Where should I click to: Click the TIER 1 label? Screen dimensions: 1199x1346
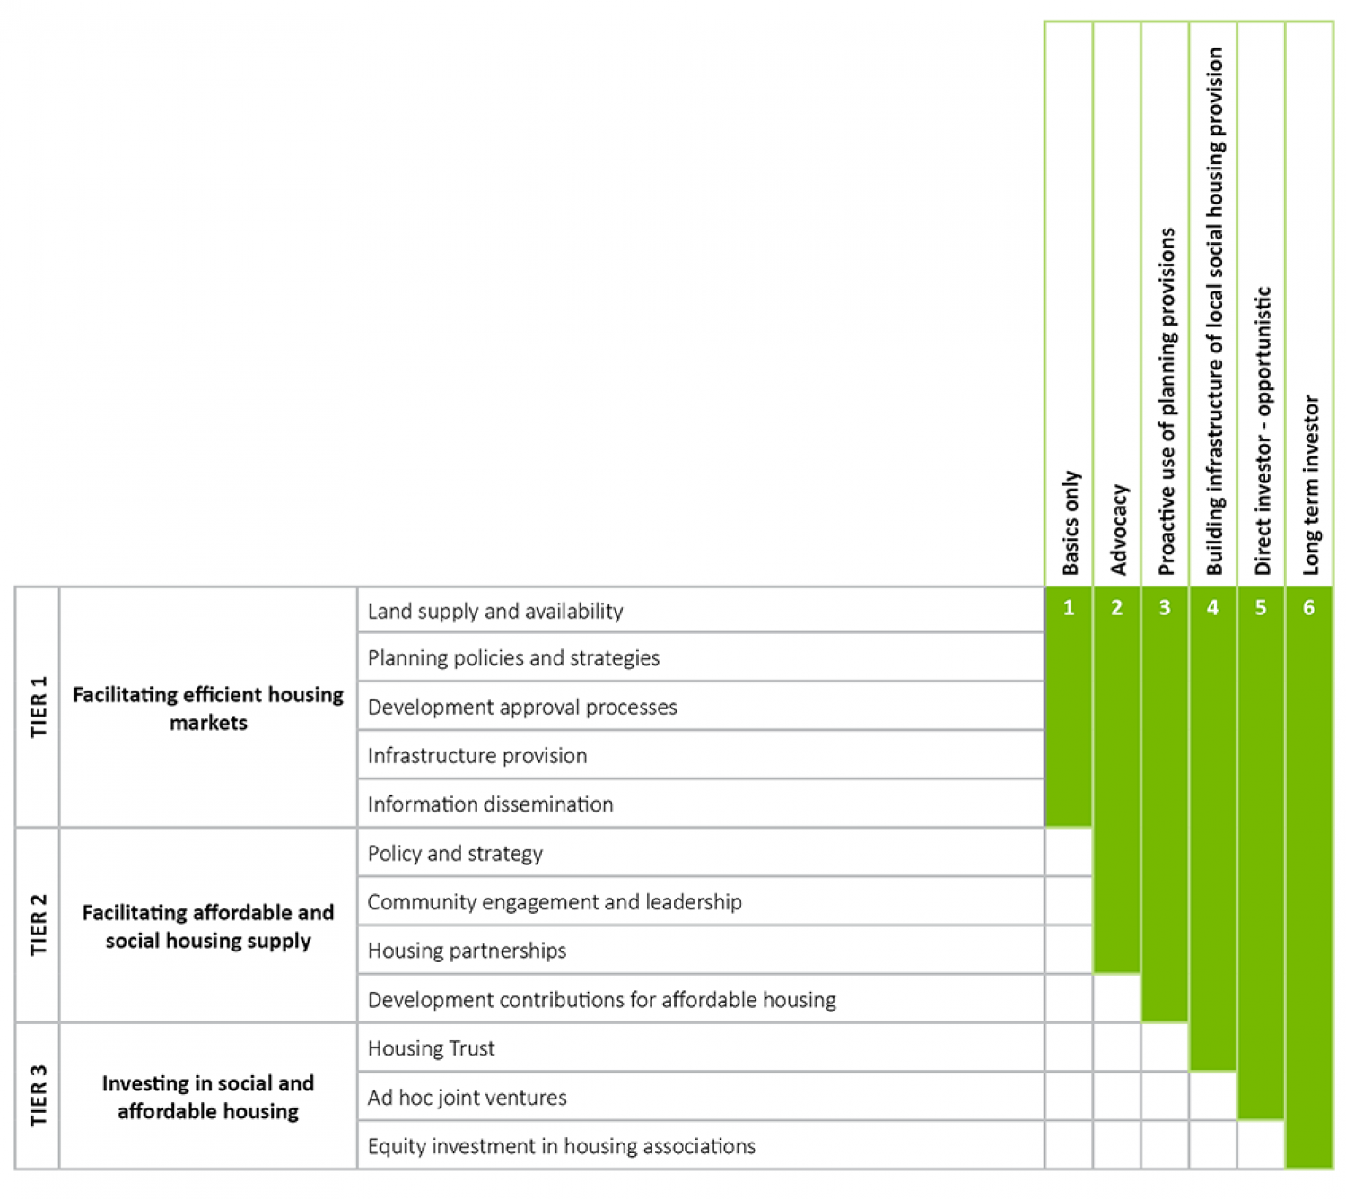tap(38, 707)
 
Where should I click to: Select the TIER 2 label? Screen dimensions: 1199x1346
tap(38, 925)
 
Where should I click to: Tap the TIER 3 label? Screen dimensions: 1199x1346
tap(38, 1096)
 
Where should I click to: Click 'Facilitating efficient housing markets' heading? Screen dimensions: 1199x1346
tap(208, 708)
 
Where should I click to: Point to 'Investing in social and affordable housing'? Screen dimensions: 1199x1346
tap(208, 1096)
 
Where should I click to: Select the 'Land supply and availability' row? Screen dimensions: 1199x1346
tap(495, 611)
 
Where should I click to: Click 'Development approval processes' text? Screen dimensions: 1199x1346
tap(522, 707)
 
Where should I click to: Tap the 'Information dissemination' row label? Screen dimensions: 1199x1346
tap(490, 804)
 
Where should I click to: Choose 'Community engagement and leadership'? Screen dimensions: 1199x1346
tap(555, 901)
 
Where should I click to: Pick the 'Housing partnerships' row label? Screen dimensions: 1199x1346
tap(467, 950)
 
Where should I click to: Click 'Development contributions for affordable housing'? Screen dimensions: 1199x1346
tap(601, 999)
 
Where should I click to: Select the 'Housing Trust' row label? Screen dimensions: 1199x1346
tap(431, 1047)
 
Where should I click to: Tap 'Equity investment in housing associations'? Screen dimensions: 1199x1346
tap(562, 1145)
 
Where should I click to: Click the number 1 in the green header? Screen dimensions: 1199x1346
tap(1069, 608)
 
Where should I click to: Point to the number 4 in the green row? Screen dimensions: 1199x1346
tap(1212, 608)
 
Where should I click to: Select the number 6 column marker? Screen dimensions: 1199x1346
tap(1308, 608)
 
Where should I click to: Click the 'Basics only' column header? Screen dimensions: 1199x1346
tap(1070, 522)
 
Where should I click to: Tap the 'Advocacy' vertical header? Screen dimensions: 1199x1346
tap(1118, 529)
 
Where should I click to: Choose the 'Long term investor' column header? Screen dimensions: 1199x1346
tap(1310, 484)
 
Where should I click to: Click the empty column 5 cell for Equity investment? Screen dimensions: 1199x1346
tap(1261, 1145)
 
